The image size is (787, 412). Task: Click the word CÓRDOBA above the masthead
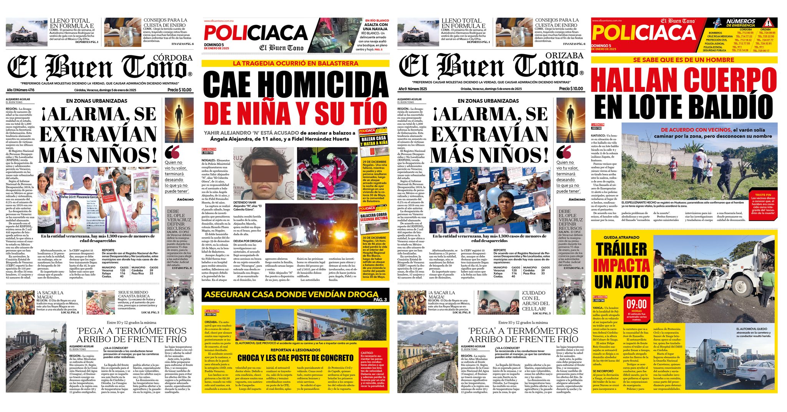click(173, 58)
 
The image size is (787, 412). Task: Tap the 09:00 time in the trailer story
click(637, 304)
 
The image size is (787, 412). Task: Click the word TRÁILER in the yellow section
click(621, 249)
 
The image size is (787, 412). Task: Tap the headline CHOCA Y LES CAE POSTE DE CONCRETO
click(295, 358)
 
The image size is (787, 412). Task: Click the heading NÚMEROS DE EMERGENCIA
click(741, 23)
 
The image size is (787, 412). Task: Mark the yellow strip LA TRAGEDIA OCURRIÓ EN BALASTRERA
click(295, 63)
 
